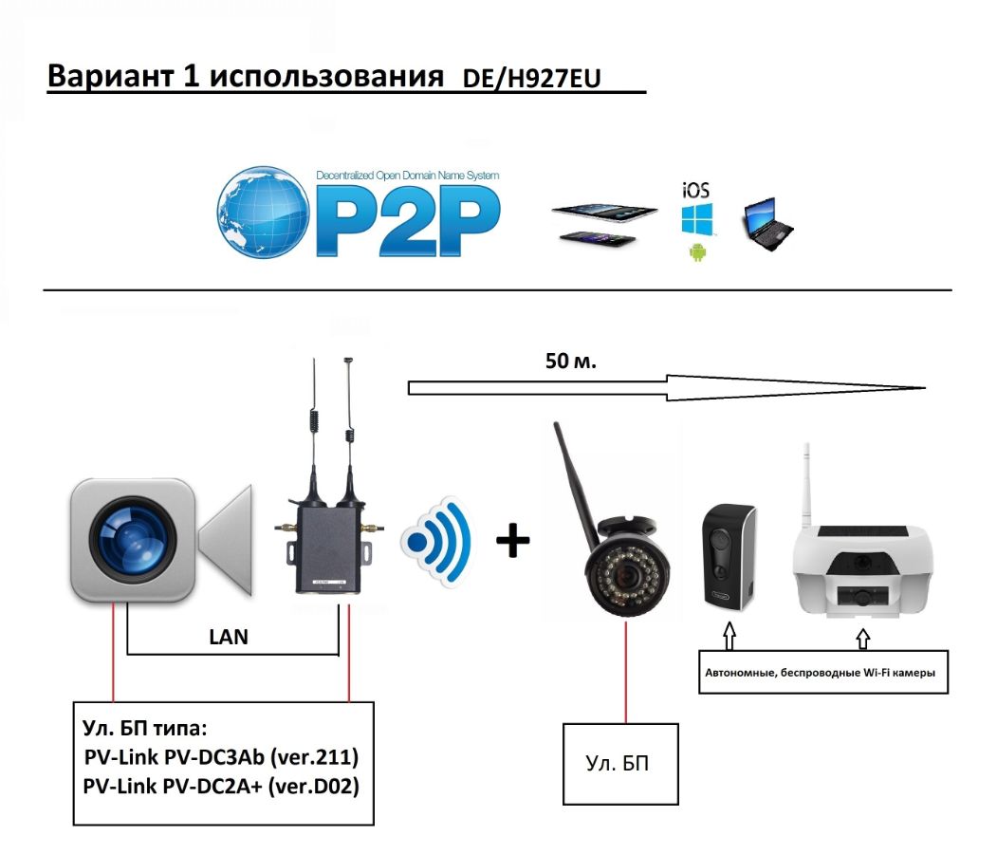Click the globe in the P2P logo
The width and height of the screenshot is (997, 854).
[263, 213]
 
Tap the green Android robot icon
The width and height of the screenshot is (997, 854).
[697, 251]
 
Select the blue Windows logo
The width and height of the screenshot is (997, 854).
[697, 219]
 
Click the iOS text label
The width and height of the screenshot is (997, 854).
[695, 190]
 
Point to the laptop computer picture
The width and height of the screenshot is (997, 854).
[768, 224]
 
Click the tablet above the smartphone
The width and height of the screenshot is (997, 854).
[604, 213]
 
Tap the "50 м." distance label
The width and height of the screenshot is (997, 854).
[571, 362]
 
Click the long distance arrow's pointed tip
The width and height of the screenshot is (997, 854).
[925, 387]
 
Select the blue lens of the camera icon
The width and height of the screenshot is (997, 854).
[133, 541]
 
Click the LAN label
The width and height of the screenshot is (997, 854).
[229, 637]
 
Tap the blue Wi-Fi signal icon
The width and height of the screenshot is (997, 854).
[436, 541]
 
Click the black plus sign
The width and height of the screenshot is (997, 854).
[512, 541]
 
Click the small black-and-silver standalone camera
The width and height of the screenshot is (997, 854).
[729, 556]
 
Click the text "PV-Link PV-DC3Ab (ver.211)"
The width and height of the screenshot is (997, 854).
[221, 756]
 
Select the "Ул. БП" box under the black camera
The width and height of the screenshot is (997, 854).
[620, 763]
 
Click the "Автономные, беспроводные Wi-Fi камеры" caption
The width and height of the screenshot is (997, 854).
[820, 673]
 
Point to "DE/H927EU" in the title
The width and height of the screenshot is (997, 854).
[531, 78]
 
